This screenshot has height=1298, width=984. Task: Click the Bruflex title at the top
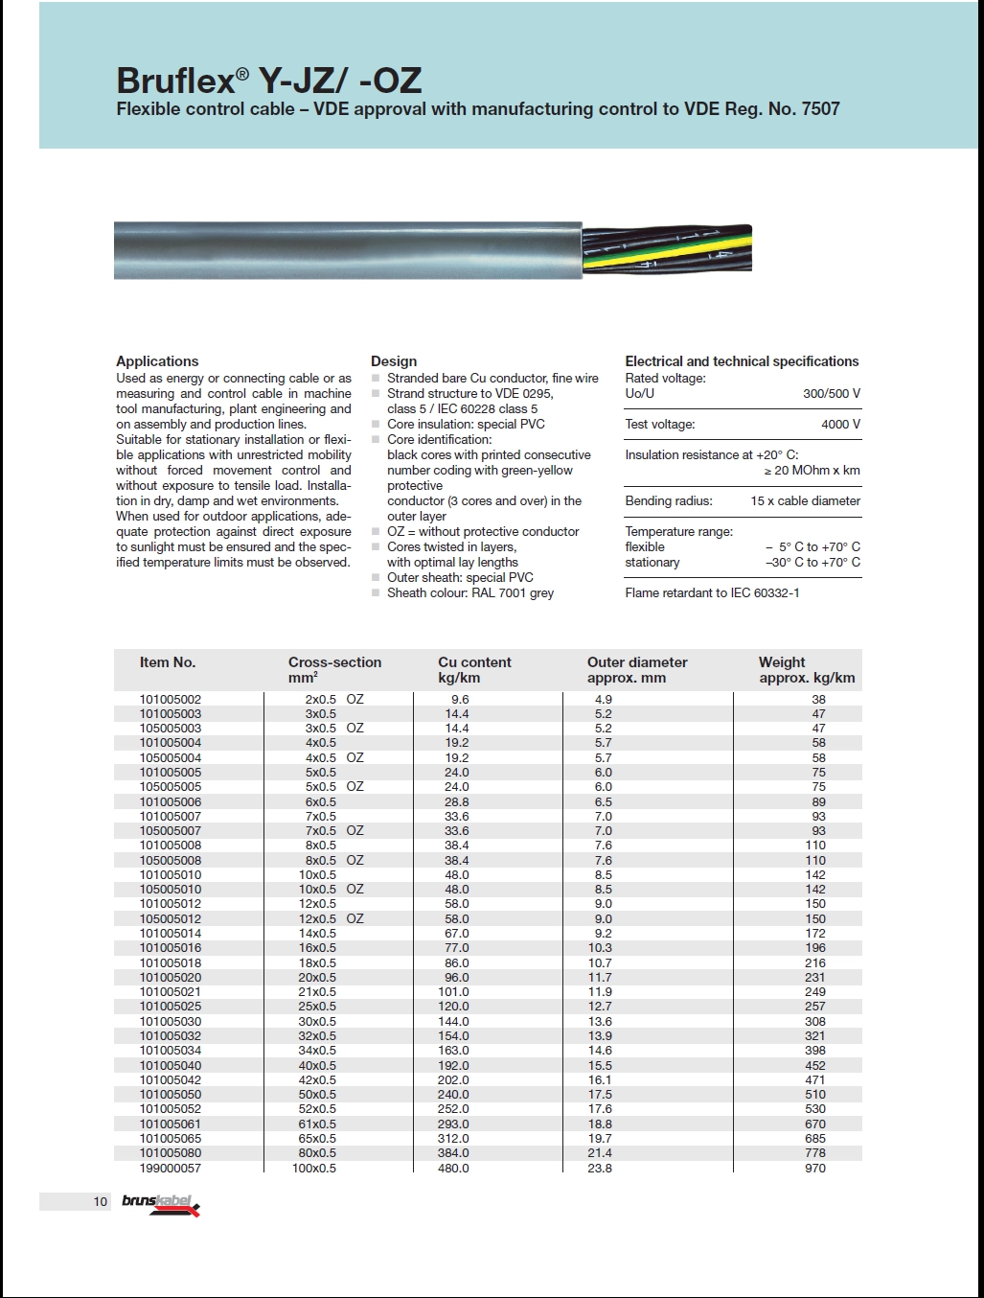[269, 80]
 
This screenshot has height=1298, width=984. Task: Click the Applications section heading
[157, 361]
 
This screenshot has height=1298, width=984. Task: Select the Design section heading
[394, 361]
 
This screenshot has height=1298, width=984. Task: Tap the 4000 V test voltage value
[840, 424]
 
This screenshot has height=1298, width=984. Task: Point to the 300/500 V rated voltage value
[831, 393]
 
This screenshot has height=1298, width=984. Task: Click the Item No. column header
[168, 662]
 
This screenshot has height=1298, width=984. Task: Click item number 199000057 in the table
[171, 1168]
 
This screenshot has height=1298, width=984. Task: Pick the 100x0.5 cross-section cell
[314, 1168]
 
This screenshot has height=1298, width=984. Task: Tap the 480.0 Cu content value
[453, 1168]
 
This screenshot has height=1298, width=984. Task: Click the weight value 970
[815, 1168]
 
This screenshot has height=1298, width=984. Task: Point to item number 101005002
[171, 699]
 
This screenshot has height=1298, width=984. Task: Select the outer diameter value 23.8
[600, 1168]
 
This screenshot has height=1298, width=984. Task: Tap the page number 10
[101, 1201]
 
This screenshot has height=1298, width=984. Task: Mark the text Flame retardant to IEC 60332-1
[712, 592]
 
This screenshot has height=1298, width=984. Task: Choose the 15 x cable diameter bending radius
[805, 500]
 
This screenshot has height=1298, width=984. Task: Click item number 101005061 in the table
[171, 1124]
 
